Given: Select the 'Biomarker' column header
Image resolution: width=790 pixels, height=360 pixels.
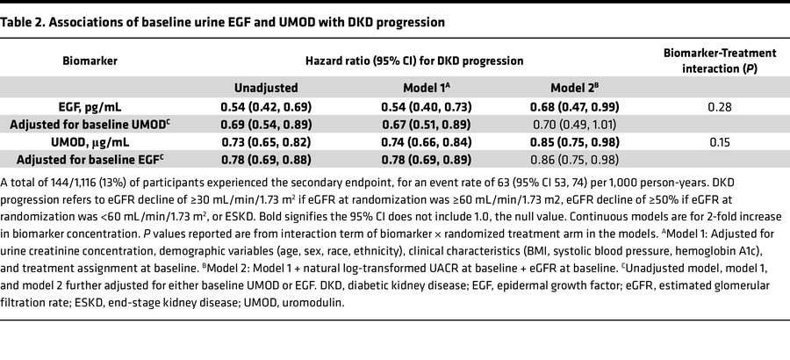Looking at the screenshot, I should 90,61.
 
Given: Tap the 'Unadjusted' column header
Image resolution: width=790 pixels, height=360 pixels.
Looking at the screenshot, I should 266,88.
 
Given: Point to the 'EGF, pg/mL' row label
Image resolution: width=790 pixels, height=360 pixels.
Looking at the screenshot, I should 90,106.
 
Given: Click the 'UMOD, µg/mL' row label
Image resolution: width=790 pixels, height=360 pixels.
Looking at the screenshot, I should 90,141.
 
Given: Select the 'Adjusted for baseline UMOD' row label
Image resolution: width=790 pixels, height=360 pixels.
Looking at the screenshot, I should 90,124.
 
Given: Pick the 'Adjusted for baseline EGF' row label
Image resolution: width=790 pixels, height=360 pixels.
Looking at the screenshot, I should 90,159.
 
